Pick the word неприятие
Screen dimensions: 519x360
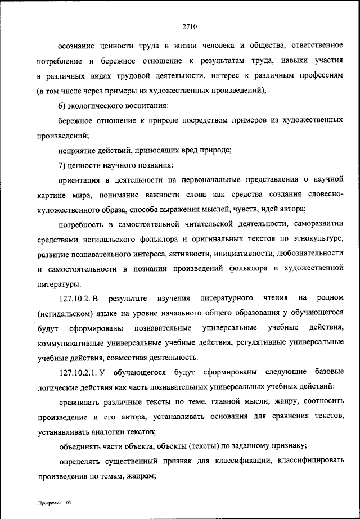click(x=78, y=150)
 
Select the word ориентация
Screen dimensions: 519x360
click(x=80, y=180)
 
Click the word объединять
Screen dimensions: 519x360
click(x=81, y=446)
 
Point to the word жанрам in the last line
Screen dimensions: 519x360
click(x=137, y=476)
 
